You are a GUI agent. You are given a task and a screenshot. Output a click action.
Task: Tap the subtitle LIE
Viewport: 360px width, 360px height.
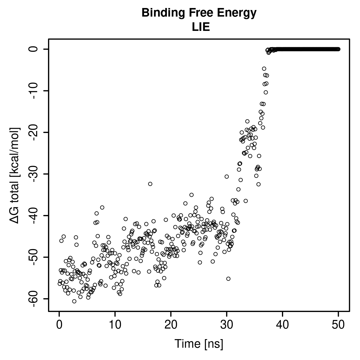point(201,27)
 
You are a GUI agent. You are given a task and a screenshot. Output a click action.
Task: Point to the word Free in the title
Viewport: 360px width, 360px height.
point(200,13)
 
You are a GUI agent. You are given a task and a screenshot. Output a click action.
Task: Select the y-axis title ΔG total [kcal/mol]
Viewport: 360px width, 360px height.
point(15,176)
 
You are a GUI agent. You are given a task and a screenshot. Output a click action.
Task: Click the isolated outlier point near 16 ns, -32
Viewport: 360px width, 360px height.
point(150,184)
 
